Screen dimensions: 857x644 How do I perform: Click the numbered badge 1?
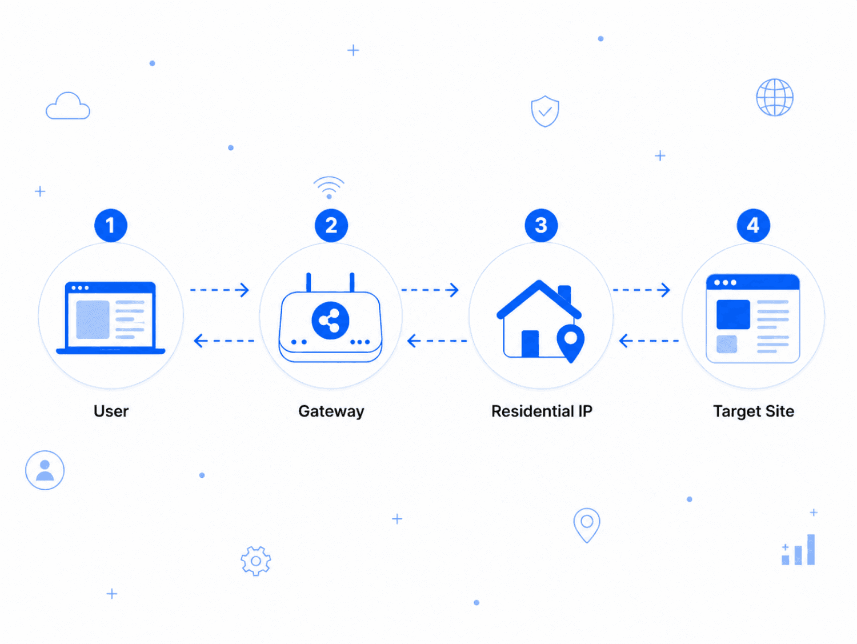[x=111, y=225]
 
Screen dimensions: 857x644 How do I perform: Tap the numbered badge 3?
[x=541, y=225]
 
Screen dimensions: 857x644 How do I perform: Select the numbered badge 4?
[x=754, y=225]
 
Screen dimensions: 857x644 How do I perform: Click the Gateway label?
[x=331, y=411]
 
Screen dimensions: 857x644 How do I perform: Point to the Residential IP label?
[x=542, y=411]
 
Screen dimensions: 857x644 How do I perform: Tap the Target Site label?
[x=754, y=411]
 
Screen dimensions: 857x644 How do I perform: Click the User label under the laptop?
[x=111, y=411]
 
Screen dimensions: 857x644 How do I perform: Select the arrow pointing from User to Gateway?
[x=219, y=290]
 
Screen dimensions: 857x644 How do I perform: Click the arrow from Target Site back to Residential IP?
[x=649, y=341]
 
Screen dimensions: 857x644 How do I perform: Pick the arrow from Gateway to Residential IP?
[x=430, y=290]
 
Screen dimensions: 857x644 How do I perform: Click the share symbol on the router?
[x=330, y=321]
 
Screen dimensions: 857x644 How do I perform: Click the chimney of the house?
[x=564, y=294]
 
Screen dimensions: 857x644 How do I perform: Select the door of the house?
[x=530, y=343]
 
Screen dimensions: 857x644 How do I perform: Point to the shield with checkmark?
[x=545, y=111]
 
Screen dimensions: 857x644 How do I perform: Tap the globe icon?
[x=775, y=97]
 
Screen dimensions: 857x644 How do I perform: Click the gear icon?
[x=256, y=561]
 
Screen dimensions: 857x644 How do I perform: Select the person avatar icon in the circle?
[x=45, y=470]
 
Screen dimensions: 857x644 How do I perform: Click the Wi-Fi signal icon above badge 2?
[x=329, y=187]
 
